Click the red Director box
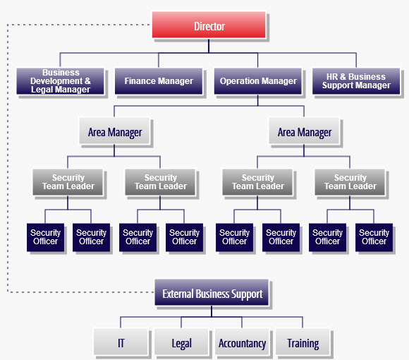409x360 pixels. (209, 26)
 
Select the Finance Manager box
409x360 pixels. (159, 81)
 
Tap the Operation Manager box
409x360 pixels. (259, 81)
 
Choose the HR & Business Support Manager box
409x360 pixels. (356, 81)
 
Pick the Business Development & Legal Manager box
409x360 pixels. (61, 81)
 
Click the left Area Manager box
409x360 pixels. (115, 132)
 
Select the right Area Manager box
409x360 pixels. (305, 132)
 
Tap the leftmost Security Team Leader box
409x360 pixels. (68, 182)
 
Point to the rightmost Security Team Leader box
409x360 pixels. (350, 182)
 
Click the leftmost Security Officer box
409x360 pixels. (46, 237)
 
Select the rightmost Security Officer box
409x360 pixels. (374, 237)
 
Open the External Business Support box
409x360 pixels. (212, 294)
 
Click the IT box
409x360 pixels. (121, 344)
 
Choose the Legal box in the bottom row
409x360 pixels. (181, 344)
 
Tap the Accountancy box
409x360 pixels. (242, 344)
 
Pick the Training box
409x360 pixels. (303, 344)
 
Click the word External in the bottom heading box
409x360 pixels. (179, 294)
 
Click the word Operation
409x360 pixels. (239, 81)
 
